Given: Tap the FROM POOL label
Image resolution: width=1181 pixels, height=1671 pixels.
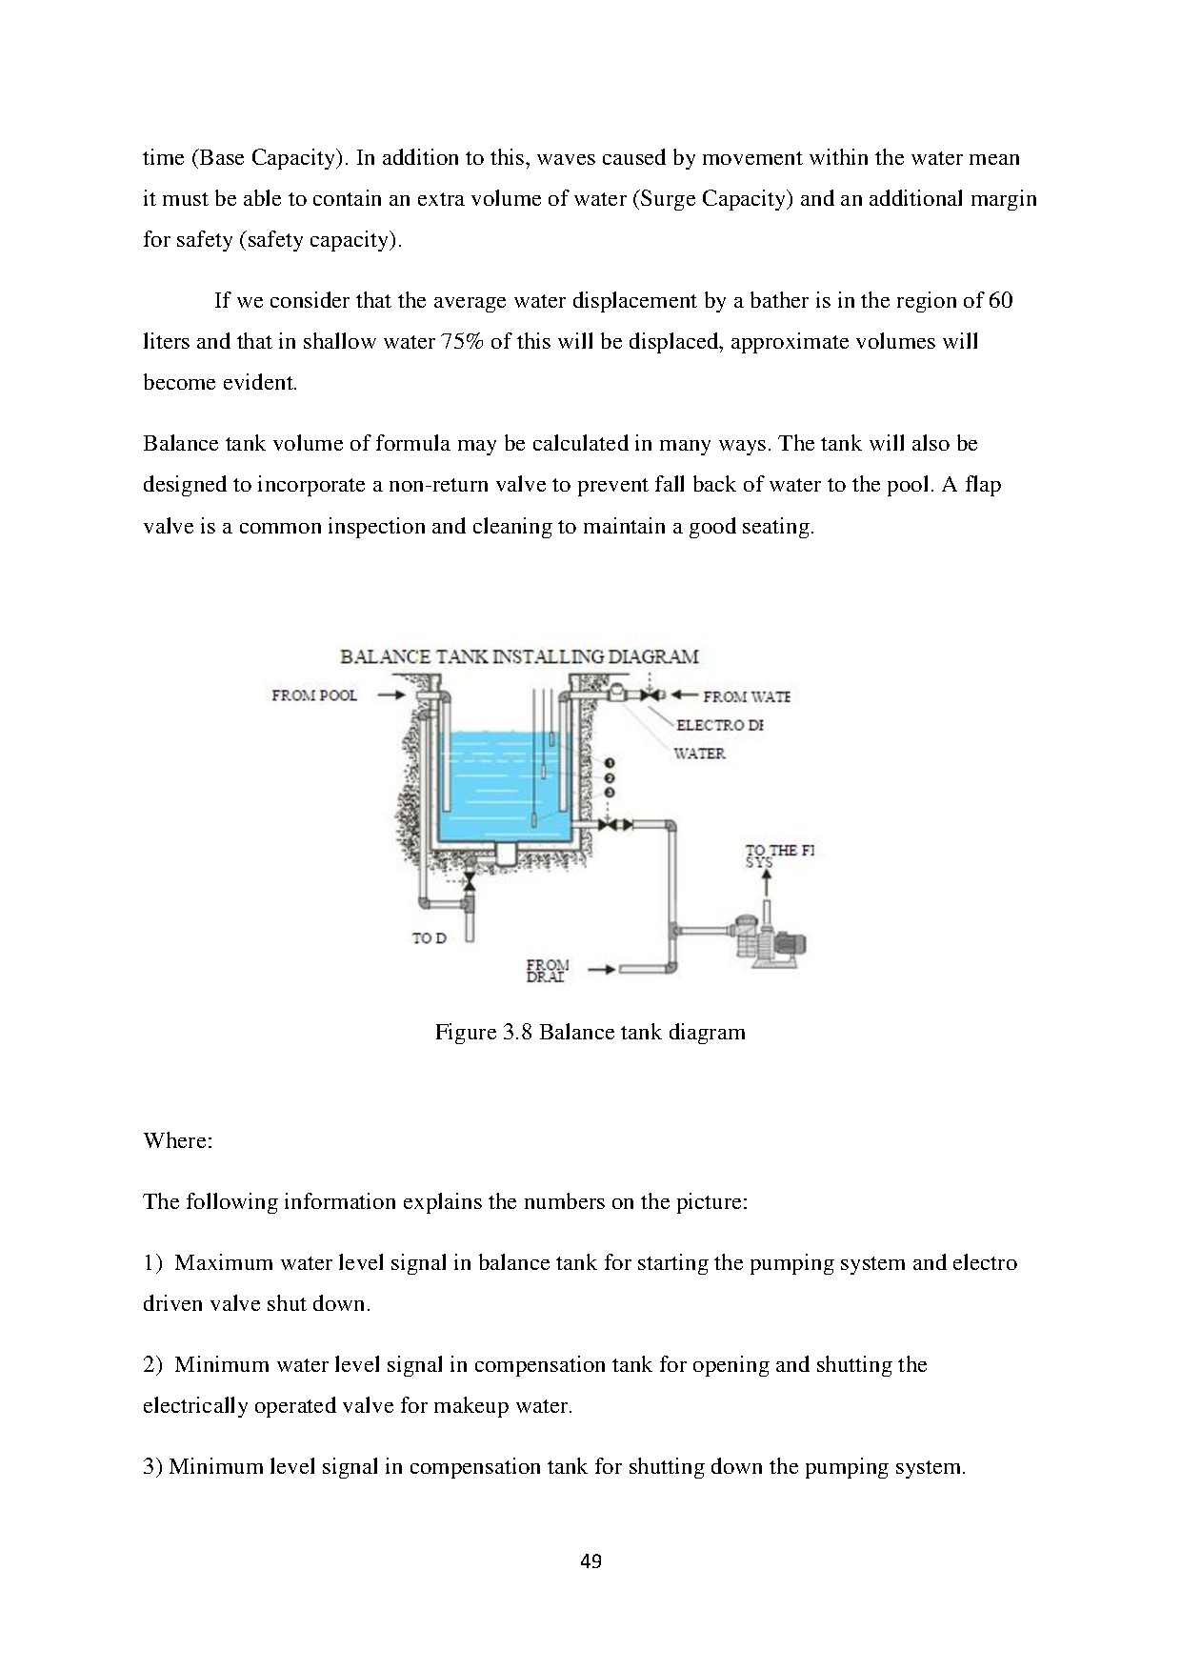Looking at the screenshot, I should point(313,695).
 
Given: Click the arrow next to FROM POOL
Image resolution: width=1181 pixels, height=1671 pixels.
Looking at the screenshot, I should point(390,695).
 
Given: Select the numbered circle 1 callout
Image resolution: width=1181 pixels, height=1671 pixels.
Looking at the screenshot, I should point(610,763).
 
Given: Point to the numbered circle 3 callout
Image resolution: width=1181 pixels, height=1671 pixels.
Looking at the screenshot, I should point(610,792).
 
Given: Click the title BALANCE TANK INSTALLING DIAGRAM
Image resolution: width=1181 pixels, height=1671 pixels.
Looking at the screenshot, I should point(519,656).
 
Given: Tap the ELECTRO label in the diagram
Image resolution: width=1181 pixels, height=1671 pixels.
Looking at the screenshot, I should point(719,725).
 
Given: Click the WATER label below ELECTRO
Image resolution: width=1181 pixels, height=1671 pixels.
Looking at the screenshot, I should point(699,754).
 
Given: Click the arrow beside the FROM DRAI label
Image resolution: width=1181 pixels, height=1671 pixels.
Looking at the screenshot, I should point(601,971).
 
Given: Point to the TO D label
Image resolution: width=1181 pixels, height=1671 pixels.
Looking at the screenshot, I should point(429,938).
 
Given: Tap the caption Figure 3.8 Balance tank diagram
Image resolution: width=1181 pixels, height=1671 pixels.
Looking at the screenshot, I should point(590,1032).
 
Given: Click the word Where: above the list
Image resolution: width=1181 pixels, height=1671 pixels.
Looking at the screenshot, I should point(177,1140).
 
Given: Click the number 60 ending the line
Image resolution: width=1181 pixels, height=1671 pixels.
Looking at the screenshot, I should point(1000,301).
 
